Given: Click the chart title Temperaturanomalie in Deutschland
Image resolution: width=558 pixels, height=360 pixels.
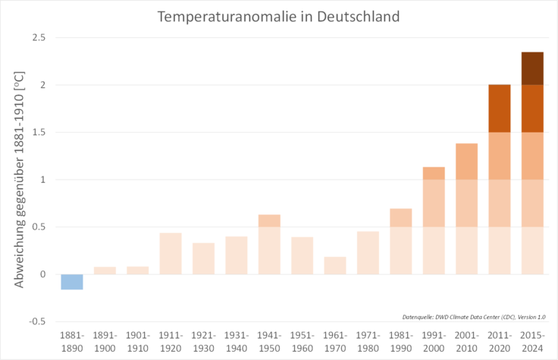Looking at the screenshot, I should [278, 16].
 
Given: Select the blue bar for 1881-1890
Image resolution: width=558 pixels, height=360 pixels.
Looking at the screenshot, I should [72, 282].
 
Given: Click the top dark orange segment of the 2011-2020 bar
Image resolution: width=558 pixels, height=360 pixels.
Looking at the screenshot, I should [499, 108].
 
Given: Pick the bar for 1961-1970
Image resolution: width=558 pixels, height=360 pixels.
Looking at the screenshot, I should [335, 265].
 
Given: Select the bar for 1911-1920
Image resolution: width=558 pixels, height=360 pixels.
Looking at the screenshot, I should [171, 253].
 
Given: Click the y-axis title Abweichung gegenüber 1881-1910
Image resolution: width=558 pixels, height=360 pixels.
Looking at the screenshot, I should [18, 180].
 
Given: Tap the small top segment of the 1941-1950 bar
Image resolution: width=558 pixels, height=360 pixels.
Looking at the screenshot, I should [269, 221].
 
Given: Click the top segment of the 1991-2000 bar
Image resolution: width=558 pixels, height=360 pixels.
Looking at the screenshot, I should [434, 174].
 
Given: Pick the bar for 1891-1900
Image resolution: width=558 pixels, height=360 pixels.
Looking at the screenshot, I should [105, 271].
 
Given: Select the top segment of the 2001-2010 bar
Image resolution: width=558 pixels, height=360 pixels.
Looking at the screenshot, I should [466, 161].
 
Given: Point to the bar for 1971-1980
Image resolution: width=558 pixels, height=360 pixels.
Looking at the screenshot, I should [368, 252].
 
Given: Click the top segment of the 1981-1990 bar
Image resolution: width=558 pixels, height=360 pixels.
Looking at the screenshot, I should [400, 218].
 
